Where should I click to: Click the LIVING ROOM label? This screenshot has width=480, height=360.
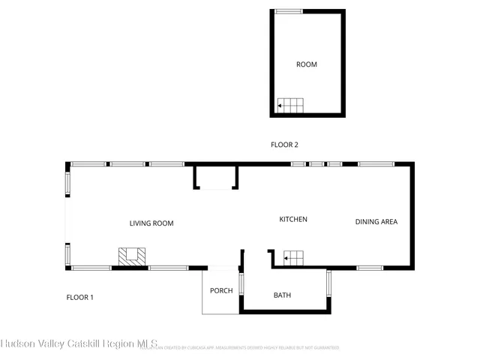coord(151,223)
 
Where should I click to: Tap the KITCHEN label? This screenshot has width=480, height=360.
coord(293,219)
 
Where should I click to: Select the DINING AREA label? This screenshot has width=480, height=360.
coord(376,221)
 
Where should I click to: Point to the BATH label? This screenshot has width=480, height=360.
coord(282,295)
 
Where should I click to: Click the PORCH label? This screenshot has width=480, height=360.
coord(221,291)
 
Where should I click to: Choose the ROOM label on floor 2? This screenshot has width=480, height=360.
coord(307,64)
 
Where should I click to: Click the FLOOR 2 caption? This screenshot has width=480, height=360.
coord(285,145)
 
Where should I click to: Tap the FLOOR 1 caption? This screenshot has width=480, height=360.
coord(79,298)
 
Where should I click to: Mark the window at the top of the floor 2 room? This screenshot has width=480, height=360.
coord(289,11)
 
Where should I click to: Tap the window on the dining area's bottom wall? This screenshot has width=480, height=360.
coord(370,268)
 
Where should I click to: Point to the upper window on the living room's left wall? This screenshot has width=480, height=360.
coord(67,183)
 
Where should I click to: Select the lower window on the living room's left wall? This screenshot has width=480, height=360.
coord(67,254)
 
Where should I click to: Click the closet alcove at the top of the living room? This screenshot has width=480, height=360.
coord(216,178)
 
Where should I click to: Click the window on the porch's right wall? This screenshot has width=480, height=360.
coord(241,286)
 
